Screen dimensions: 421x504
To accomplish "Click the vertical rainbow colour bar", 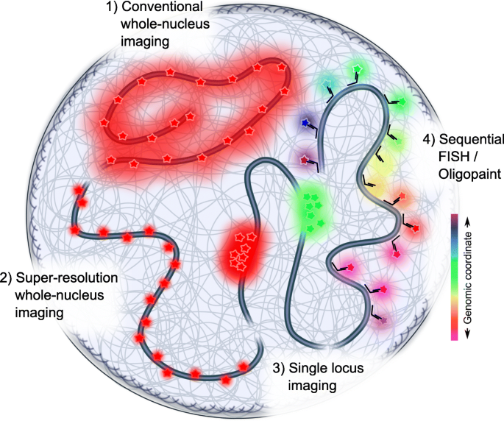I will tap(454, 277).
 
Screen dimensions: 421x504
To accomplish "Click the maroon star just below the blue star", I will tap(303, 158).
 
